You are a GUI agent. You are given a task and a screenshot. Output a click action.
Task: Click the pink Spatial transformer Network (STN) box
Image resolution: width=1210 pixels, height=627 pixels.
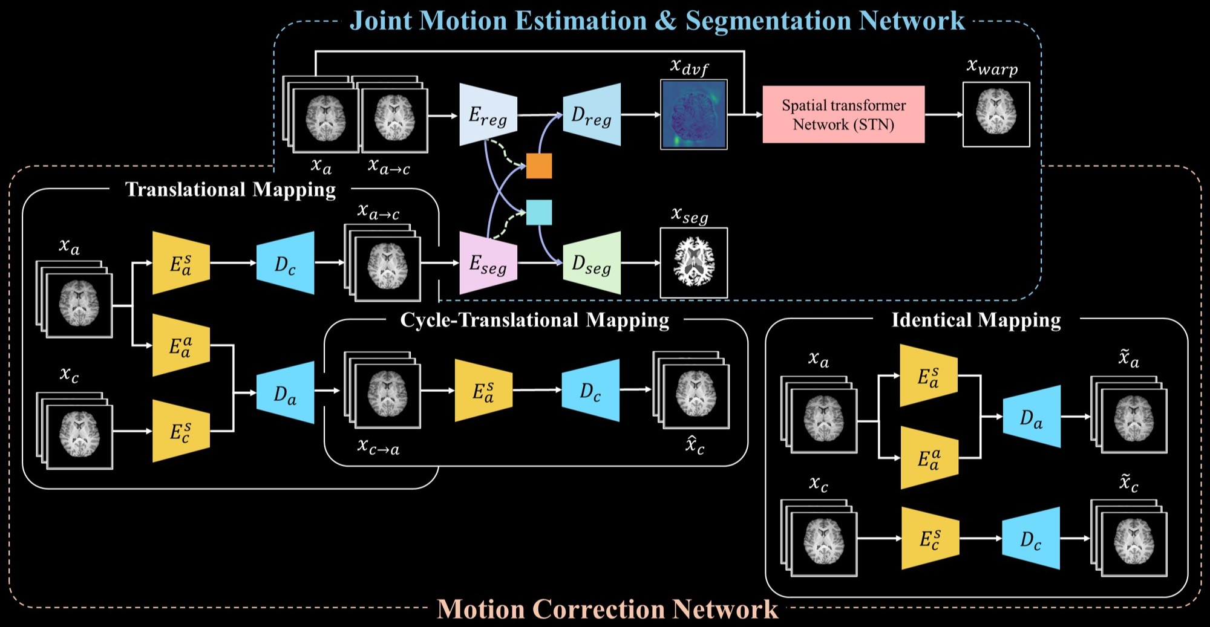click(x=843, y=114)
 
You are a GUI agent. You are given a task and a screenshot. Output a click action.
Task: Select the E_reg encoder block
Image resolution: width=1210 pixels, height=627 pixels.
click(x=488, y=115)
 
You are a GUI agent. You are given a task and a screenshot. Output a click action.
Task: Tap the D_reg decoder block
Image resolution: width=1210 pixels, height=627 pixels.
click(x=592, y=115)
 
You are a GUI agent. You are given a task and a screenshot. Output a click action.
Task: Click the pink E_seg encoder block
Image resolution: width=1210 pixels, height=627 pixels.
click(x=488, y=264)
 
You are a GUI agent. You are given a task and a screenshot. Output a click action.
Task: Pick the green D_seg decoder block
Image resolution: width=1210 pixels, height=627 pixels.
click(x=592, y=264)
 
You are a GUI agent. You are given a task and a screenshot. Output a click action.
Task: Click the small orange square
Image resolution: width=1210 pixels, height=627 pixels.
click(x=539, y=166)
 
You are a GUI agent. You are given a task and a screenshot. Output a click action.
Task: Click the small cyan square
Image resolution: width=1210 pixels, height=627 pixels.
click(x=539, y=212)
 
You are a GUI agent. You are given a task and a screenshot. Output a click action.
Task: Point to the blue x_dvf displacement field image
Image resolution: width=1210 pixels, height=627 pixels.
click(x=694, y=115)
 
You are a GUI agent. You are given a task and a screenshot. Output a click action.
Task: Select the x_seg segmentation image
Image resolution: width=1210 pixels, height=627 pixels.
click(x=694, y=262)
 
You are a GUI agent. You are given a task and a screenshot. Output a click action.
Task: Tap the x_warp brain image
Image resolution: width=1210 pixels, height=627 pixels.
click(x=996, y=114)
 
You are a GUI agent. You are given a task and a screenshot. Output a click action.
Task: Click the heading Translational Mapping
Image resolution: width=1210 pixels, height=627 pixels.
click(x=231, y=189)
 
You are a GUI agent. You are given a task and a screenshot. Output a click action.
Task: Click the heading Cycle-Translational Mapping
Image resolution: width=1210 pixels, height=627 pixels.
click(x=535, y=320)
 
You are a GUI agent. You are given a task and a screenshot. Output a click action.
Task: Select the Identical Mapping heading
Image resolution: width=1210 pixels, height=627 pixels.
click(x=976, y=320)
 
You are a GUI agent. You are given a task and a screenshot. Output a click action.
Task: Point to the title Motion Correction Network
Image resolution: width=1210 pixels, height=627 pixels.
click(x=607, y=609)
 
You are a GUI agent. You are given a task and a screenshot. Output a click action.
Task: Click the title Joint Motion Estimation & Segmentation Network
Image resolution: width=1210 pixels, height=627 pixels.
click(x=657, y=21)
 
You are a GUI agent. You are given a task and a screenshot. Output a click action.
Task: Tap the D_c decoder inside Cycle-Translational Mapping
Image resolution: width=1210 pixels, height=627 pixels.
click(x=590, y=391)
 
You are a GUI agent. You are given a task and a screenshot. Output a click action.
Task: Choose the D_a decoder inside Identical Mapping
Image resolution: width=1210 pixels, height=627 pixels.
click(x=1032, y=417)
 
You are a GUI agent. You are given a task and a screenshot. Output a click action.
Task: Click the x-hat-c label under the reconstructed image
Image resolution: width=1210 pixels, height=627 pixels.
click(x=695, y=446)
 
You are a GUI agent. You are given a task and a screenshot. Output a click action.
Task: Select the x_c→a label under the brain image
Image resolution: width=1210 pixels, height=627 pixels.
click(x=378, y=447)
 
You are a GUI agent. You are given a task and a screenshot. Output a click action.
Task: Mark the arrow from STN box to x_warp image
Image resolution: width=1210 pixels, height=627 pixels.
click(x=943, y=114)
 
